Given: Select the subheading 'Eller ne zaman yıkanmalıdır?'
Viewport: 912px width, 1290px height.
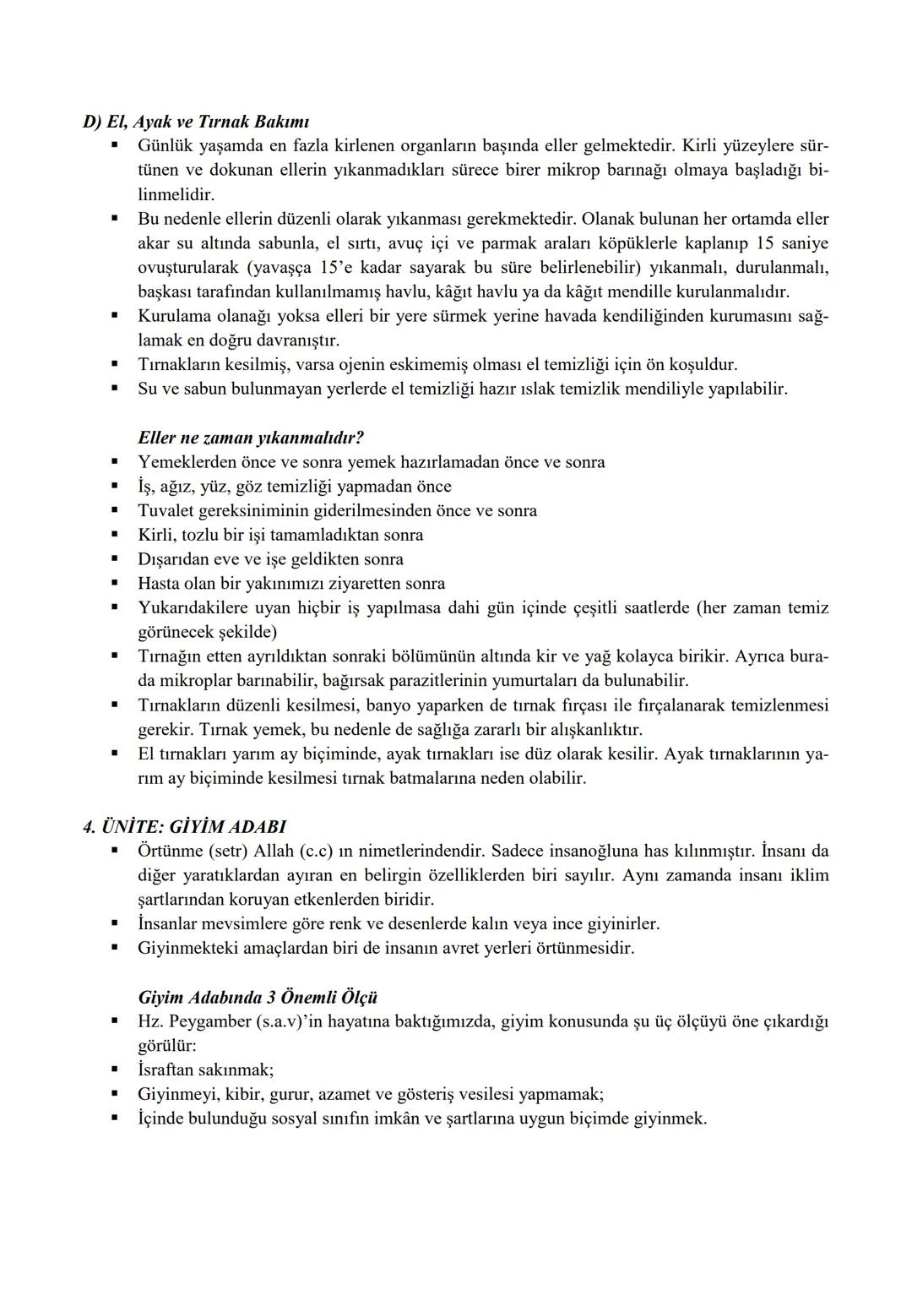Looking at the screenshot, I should [x=251, y=438].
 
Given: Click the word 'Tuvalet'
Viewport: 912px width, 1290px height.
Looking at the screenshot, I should [x=166, y=511].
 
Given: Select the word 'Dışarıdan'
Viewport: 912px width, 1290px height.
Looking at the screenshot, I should [x=174, y=559].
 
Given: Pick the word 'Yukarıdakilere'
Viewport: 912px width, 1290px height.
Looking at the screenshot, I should [x=192, y=608].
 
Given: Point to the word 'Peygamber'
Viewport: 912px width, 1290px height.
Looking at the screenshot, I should [x=210, y=1021].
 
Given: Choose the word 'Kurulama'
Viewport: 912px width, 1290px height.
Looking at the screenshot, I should [x=176, y=316].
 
